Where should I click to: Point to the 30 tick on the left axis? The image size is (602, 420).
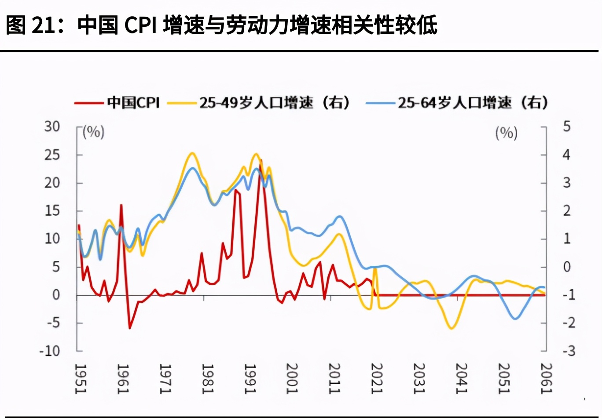(x=52, y=127)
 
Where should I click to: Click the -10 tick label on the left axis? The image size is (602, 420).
(x=49, y=351)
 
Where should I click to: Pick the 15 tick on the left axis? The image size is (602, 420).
(x=52, y=211)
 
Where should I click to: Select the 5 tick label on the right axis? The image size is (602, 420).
(x=567, y=127)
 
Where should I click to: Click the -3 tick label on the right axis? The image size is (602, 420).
(x=569, y=351)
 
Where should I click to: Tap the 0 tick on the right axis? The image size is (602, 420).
(x=567, y=267)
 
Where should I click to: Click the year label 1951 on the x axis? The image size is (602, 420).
(x=80, y=379)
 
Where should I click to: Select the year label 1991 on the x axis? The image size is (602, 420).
(x=250, y=379)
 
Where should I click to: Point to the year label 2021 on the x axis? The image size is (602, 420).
(x=377, y=379)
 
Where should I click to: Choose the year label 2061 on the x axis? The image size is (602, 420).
(x=546, y=379)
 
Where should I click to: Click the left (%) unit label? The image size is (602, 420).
(x=94, y=132)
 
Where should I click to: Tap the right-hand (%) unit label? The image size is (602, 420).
(x=507, y=133)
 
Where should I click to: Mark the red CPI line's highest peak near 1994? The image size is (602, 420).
(x=261, y=160)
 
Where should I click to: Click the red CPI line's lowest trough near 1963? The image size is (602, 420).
(x=130, y=328)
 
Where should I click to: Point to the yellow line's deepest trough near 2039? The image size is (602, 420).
(x=451, y=328)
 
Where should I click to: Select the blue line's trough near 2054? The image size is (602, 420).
(x=515, y=319)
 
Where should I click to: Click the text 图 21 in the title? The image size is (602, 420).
(x=29, y=25)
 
